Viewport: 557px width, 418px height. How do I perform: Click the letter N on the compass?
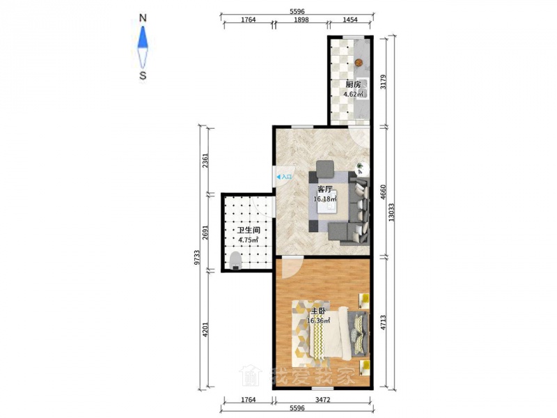tap(143, 18)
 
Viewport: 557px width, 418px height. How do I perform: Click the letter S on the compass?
tap(143, 75)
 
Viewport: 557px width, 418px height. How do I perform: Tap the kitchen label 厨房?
tap(353, 84)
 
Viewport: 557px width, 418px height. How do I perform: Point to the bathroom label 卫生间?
tap(249, 231)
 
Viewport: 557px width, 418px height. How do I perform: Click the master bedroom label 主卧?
tap(318, 311)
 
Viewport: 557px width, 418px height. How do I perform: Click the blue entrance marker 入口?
tap(284, 176)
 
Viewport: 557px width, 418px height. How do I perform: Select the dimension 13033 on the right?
tap(391, 212)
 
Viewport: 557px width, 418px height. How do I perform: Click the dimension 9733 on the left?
tap(198, 258)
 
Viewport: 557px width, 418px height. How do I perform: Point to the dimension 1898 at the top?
tap(301, 20)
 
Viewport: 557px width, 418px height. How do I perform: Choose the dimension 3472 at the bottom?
tap(322, 400)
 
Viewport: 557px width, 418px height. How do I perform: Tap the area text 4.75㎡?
tap(249, 240)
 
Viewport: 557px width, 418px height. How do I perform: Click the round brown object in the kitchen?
tap(359, 63)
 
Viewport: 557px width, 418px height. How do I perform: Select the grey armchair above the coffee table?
tap(325, 169)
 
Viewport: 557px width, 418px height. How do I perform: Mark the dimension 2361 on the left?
tap(205, 160)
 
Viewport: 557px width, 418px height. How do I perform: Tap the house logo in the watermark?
tap(251, 375)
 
